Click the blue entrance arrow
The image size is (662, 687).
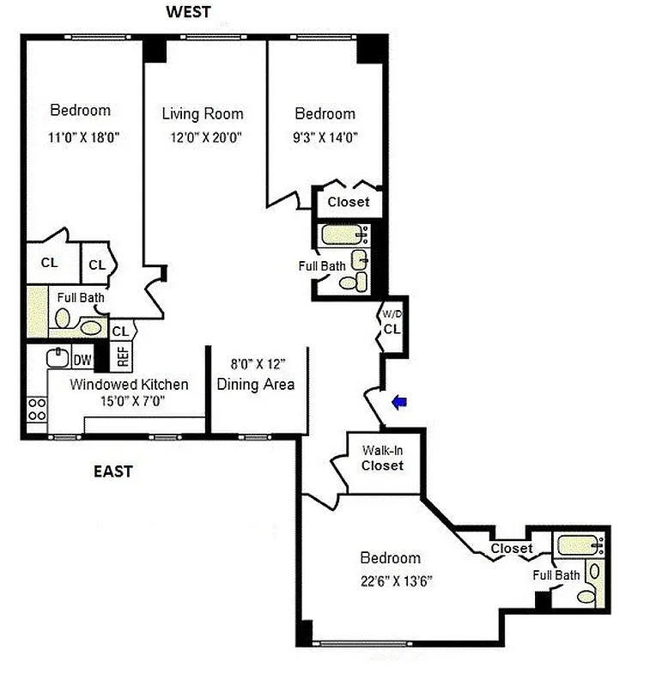pyautogui.click(x=398, y=401)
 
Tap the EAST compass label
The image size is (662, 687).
pyautogui.click(x=112, y=471)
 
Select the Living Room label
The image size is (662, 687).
pyautogui.click(x=203, y=113)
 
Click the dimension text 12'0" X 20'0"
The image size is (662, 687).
pyautogui.click(x=203, y=136)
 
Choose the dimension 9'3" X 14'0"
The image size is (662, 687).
pyautogui.click(x=325, y=136)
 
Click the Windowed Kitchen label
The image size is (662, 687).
pyautogui.click(x=129, y=384)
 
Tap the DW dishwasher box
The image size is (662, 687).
pyautogui.click(x=82, y=360)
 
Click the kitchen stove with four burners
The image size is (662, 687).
pyautogui.click(x=37, y=409)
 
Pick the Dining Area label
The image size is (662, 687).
pyautogui.click(x=256, y=384)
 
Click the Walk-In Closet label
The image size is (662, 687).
pyautogui.click(x=382, y=458)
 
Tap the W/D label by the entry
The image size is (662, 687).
pyautogui.click(x=391, y=313)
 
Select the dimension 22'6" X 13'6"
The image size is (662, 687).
pyautogui.click(x=396, y=581)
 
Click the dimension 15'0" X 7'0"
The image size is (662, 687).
pyautogui.click(x=129, y=400)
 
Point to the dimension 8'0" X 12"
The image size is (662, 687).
pyautogui.click(x=256, y=364)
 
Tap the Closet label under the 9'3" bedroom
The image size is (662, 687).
pyautogui.click(x=349, y=202)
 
